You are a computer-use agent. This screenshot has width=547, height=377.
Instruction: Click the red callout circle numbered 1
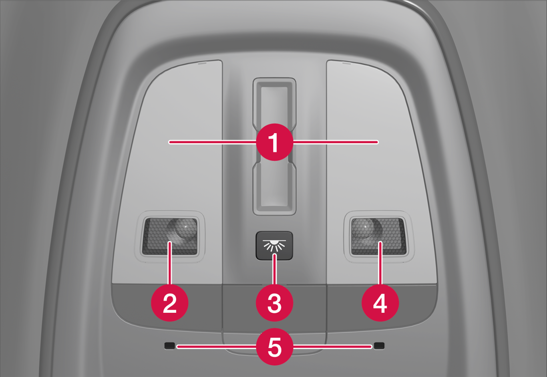pos(274,142)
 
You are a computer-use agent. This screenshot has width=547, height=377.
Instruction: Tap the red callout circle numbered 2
pos(170,303)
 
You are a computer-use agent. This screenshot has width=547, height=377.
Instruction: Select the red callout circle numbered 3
pos(274,303)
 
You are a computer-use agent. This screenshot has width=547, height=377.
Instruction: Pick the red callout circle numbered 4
pos(380,303)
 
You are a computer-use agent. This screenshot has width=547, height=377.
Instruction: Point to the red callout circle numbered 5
pos(274,347)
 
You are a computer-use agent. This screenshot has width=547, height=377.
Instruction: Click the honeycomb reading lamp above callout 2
pos(170,236)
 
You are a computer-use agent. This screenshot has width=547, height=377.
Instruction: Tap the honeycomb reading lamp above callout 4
pos(378,236)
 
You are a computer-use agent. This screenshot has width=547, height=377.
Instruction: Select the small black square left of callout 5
pos(169,346)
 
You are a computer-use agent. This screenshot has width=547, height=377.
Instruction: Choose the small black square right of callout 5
pos(379,346)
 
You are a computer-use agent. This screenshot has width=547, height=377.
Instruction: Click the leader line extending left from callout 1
pos(213,142)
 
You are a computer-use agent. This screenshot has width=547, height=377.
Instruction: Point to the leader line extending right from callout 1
pos(336,142)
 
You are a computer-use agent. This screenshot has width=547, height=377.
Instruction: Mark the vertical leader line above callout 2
pos(170,263)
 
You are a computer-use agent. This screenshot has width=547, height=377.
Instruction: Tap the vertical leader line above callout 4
pos(380,263)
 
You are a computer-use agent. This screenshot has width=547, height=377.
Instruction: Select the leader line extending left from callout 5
pos(217,347)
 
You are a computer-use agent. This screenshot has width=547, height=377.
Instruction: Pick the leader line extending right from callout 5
pos(332,347)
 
